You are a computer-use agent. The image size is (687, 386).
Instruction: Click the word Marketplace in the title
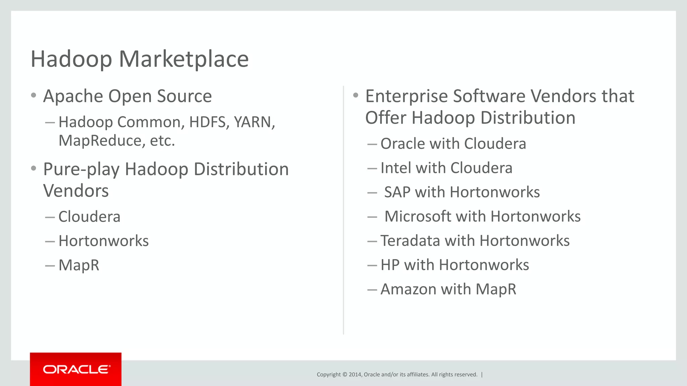click(183, 59)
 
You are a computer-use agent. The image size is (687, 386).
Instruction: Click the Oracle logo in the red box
click(76, 369)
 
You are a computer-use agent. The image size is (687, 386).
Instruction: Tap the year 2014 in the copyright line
click(355, 375)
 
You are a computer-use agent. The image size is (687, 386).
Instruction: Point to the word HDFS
click(207, 122)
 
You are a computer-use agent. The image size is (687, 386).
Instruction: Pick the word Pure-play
click(81, 169)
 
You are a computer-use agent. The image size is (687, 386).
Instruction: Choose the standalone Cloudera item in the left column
click(89, 216)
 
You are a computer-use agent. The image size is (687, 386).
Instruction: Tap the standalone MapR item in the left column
click(79, 265)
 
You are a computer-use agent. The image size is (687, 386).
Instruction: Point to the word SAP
click(397, 192)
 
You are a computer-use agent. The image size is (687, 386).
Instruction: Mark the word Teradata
click(410, 241)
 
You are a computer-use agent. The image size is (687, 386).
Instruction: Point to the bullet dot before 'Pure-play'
click(33, 168)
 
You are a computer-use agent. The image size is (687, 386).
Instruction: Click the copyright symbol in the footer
click(345, 375)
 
